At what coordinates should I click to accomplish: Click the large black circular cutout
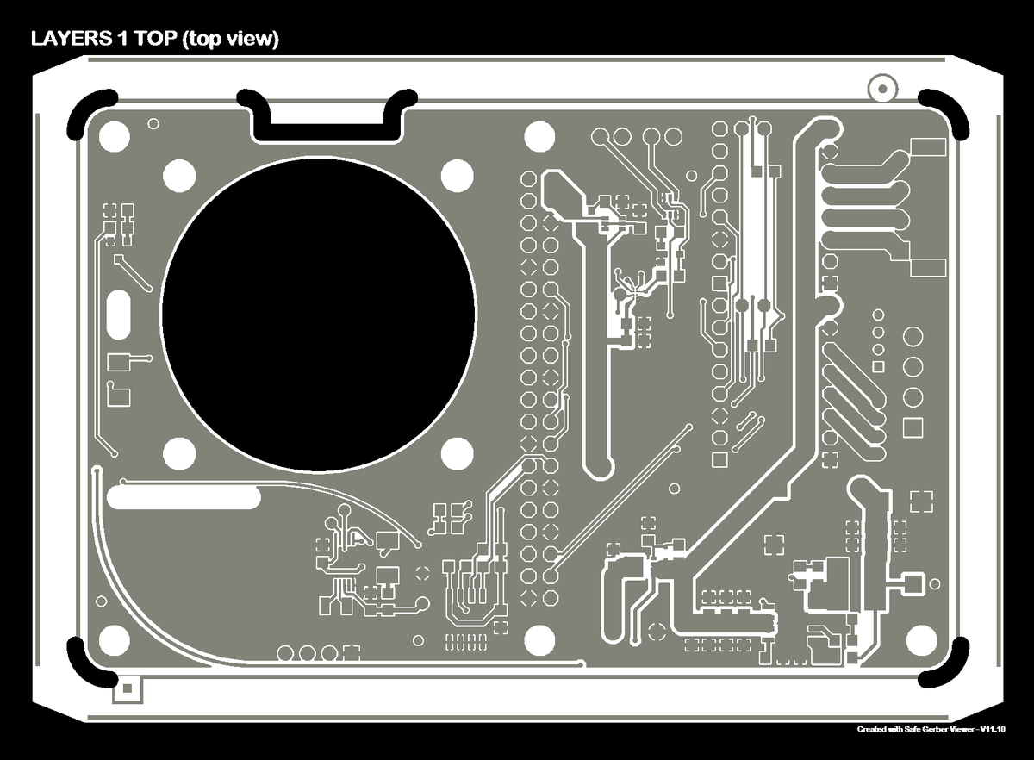318,315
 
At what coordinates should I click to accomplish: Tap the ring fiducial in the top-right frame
881,86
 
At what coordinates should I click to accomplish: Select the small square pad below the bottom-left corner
127,688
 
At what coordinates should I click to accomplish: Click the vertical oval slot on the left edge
118,315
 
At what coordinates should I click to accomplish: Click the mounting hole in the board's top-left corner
114,135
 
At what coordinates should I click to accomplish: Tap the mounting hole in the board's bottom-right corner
921,639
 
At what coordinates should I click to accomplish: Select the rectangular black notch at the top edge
327,120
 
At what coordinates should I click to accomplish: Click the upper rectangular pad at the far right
928,146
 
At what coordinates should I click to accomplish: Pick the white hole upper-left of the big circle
180,176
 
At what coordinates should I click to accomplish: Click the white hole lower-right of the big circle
457,452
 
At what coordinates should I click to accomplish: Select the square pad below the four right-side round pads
913,427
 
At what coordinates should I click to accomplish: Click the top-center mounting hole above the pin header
539,135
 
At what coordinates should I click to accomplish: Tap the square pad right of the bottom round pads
351,653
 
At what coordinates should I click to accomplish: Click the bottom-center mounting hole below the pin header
539,639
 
